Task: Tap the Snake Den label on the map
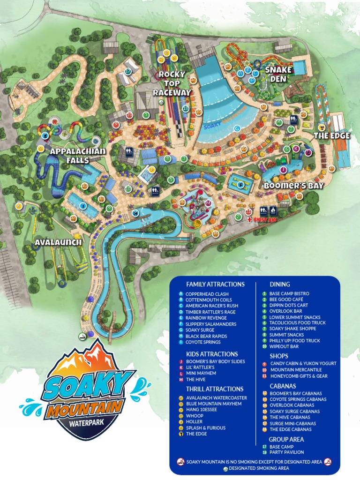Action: (278, 74)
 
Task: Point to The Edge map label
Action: (332, 135)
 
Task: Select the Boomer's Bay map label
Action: (294, 185)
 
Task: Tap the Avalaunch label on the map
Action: (58, 242)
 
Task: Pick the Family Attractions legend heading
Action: (215, 284)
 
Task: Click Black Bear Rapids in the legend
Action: (206, 336)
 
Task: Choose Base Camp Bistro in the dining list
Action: (289, 294)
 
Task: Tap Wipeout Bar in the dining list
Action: (284, 346)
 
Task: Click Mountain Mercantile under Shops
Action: (296, 370)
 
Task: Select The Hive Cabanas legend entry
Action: (290, 417)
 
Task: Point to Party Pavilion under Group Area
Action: (286, 452)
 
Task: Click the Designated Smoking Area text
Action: (259, 468)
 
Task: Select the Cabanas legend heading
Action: (283, 386)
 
